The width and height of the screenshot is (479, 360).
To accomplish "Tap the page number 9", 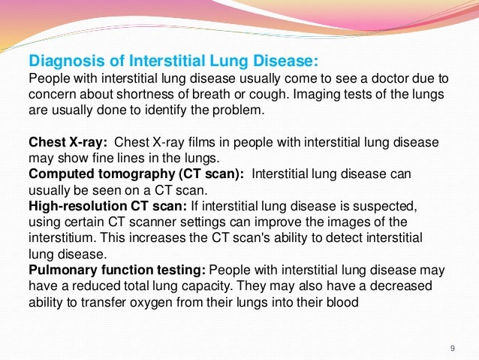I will point(452,347).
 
